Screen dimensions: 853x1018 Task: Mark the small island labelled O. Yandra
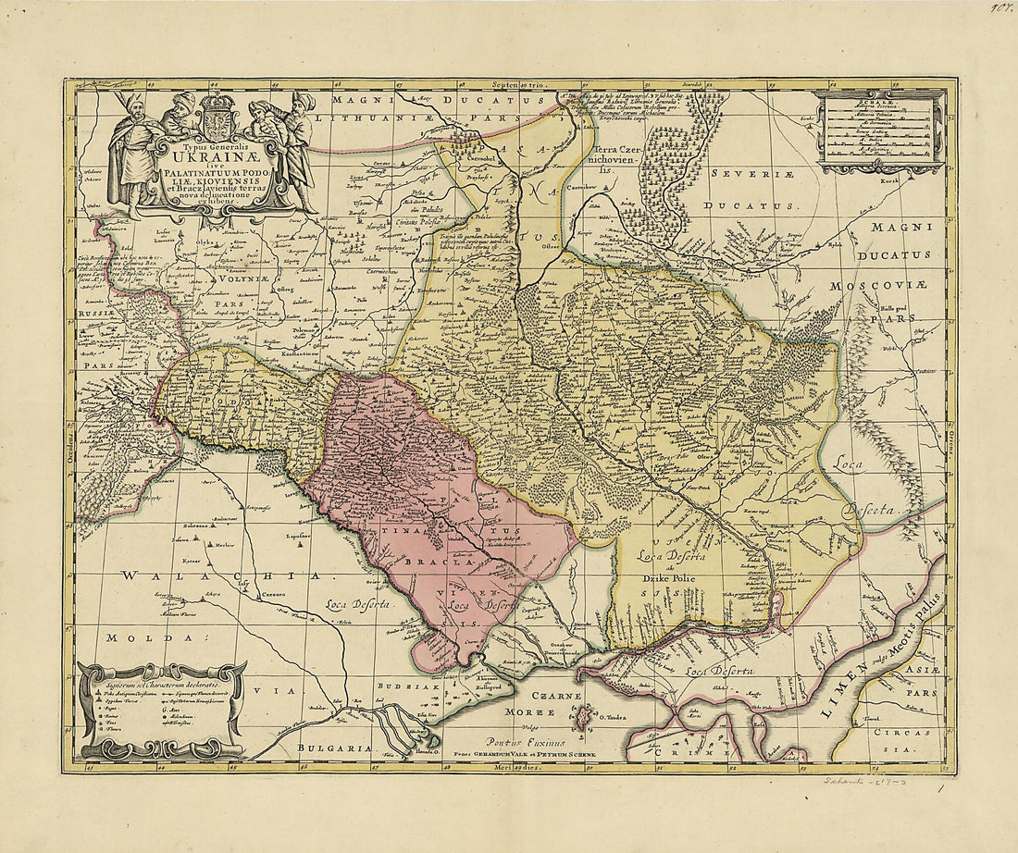click(x=582, y=715)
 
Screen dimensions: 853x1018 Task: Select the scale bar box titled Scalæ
click(x=881, y=130)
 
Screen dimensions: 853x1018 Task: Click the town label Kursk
click(x=915, y=181)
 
